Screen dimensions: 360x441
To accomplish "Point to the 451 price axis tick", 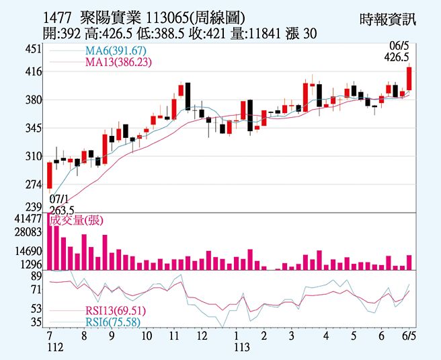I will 33,50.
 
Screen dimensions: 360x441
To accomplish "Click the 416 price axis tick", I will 33,72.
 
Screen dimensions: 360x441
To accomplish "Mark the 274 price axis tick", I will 33,184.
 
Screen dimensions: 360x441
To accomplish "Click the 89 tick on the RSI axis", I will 36,275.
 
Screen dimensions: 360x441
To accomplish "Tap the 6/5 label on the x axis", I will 408,335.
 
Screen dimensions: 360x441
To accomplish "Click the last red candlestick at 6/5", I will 409,79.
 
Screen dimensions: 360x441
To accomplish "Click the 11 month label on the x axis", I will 173,335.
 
